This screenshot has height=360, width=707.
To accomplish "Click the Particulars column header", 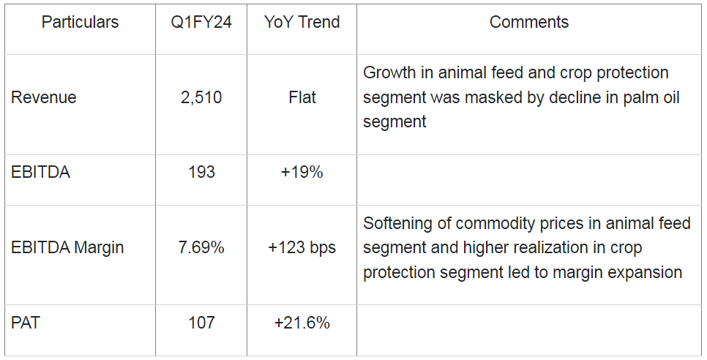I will (80, 22).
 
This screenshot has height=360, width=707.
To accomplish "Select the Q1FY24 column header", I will (201, 22).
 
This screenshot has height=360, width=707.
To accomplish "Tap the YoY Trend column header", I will (302, 22).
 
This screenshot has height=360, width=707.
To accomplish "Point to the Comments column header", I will (529, 22).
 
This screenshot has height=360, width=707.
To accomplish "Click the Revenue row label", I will (44, 97).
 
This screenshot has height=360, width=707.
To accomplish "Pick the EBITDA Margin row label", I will (67, 247).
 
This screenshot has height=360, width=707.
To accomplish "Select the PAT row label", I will (25, 322).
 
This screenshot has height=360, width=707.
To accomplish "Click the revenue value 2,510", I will (201, 97).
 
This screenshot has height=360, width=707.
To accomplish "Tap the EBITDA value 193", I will (201, 172).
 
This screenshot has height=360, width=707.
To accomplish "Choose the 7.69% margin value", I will (201, 247).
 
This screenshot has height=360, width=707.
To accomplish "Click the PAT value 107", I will (201, 322).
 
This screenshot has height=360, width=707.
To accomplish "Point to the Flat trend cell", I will (302, 97).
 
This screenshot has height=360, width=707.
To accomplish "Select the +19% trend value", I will (302, 172).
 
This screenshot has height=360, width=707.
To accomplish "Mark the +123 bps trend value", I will (302, 247).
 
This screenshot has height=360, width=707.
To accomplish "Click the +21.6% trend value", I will (302, 322).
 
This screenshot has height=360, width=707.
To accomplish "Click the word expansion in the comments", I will (646, 272).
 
